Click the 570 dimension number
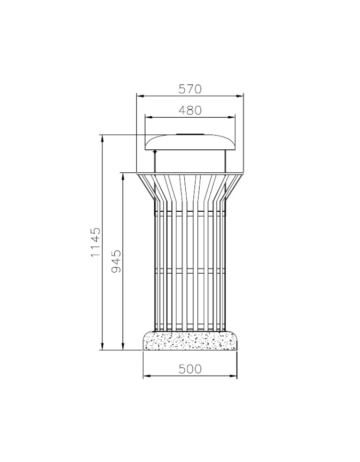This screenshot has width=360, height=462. pos(190,89)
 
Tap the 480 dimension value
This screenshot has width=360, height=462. pos(190,110)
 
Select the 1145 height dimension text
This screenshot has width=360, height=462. pos(96,242)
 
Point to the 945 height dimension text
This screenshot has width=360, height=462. pos(116,261)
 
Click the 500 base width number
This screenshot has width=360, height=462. pos(190,369)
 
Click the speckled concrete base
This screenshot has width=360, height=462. pos(190,340)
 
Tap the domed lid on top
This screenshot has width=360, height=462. pos(190,143)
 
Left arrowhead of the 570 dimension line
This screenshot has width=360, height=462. pos(140,96)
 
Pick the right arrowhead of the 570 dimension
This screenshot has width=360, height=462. pos(240,96)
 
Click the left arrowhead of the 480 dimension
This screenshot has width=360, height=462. pos(148,117)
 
